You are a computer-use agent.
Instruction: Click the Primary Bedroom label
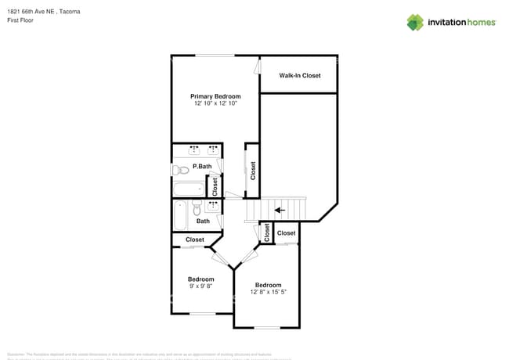215,96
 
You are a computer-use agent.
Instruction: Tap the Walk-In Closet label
300,76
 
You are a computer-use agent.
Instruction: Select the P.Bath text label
202,166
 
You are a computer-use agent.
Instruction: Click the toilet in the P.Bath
177,169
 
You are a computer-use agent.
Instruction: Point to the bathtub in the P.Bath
189,189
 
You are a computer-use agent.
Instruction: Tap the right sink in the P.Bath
212,149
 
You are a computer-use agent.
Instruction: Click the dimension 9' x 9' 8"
200,286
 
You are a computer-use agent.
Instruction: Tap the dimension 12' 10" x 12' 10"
215,103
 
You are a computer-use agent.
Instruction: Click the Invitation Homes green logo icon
415,22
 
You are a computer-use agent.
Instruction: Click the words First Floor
20,20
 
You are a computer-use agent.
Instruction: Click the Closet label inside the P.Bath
215,186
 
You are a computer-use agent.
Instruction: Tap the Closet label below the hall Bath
194,239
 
